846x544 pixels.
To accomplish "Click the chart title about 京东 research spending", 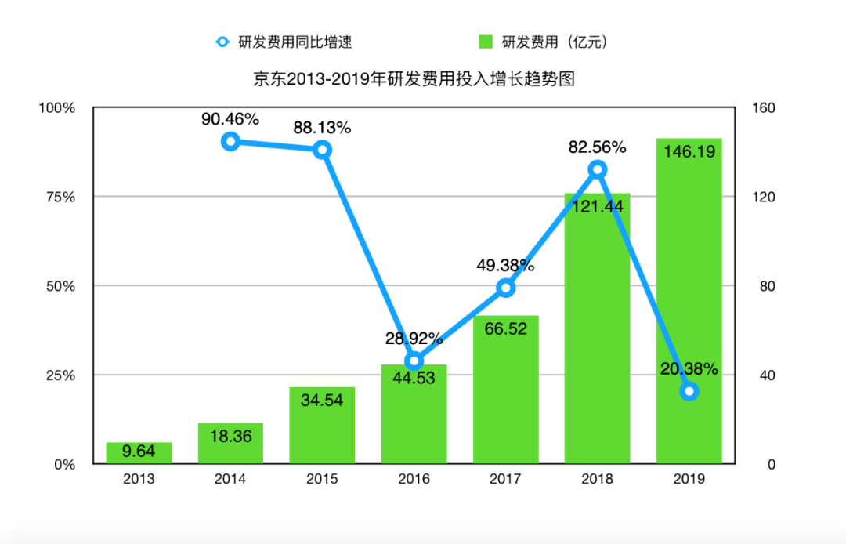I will point(414,78).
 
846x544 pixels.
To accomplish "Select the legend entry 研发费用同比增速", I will point(289,42).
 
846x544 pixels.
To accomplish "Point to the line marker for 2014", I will point(230,141).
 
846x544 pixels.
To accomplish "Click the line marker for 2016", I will point(414,361).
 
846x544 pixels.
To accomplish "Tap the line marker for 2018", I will point(598,169).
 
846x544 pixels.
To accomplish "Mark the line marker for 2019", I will point(689,391).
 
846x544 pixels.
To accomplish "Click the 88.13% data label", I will point(322,127).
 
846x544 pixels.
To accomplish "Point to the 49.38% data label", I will point(505,266).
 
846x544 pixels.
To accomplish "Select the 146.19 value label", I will point(689,152).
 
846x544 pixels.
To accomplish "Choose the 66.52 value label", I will point(505,328).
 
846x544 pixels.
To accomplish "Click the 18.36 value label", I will point(230,436).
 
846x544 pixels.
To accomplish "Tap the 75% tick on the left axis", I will point(59,197).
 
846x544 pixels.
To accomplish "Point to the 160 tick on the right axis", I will point(764,108).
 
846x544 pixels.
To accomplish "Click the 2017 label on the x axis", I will point(505,479).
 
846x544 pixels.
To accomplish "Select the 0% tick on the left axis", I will point(63,464).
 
